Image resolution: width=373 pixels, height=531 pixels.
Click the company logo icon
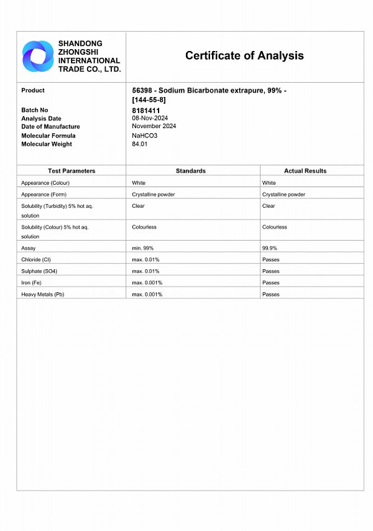tap(38, 56)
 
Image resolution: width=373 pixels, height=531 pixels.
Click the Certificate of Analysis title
tap(244, 56)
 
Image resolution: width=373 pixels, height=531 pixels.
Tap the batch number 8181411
tap(146, 110)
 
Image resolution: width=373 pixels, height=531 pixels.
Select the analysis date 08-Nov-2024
tap(150, 118)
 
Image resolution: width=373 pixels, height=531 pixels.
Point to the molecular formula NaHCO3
tap(145, 135)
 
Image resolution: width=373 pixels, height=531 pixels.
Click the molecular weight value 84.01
tap(140, 144)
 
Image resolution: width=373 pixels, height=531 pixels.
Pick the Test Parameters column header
tap(71, 171)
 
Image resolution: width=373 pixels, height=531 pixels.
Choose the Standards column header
tap(191, 171)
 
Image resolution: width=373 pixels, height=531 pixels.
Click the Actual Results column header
tap(305, 171)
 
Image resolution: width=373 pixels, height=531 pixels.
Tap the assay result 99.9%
tap(270, 248)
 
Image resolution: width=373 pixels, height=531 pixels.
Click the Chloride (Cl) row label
tap(36, 259)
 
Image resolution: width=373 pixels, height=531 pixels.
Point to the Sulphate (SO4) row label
tap(38, 271)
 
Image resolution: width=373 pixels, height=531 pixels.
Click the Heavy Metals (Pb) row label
tap(42, 294)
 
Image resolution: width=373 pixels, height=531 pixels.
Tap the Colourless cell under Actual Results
tap(275, 227)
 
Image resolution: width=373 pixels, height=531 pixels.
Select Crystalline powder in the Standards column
tap(154, 195)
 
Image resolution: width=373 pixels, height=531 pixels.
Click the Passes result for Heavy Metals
tap(271, 294)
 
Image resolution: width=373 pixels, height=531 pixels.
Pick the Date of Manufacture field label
tap(50, 127)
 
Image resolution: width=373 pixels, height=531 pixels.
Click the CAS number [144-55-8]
tap(149, 100)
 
